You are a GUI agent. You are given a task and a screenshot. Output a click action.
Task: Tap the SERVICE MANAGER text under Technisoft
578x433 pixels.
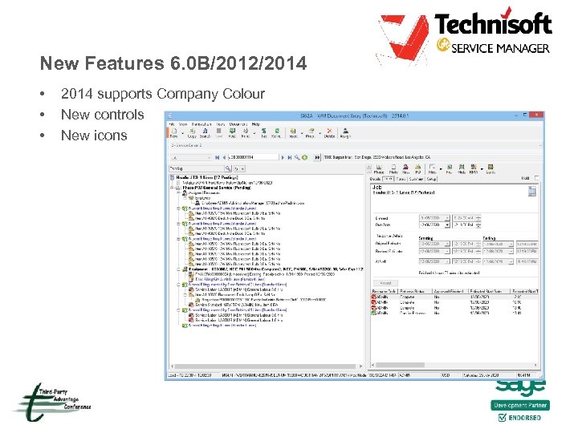tap(500, 48)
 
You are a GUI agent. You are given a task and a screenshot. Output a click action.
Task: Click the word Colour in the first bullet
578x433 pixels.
tap(245, 94)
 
